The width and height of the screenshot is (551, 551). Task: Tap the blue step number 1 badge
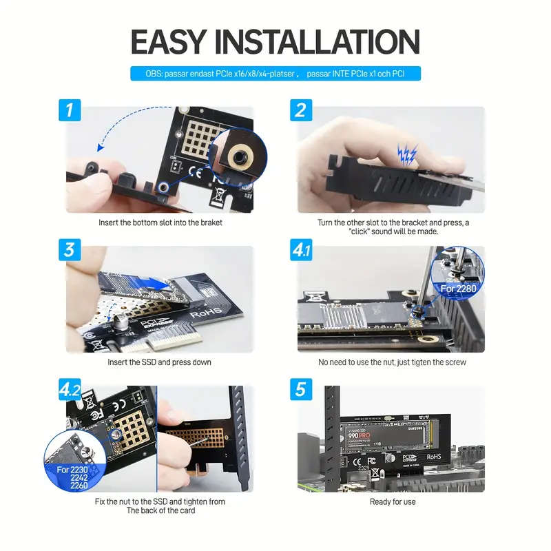pyautogui.click(x=70, y=110)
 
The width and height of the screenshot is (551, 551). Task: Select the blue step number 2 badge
pyautogui.click(x=300, y=110)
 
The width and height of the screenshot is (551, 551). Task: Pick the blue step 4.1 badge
pyautogui.click(x=301, y=250)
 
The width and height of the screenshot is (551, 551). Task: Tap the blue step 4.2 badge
pyautogui.click(x=70, y=390)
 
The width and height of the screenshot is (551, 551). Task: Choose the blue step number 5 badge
pyautogui.click(x=300, y=389)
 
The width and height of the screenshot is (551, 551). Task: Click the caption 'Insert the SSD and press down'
pyautogui.click(x=159, y=362)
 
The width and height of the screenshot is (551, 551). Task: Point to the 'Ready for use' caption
pyautogui.click(x=392, y=501)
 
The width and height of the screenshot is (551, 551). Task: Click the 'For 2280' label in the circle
pyautogui.click(x=457, y=288)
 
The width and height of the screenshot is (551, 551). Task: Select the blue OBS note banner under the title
pyautogui.click(x=275, y=73)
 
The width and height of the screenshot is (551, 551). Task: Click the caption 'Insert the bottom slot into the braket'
pyautogui.click(x=159, y=222)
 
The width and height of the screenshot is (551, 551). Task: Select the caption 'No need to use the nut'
pyautogui.click(x=392, y=362)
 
